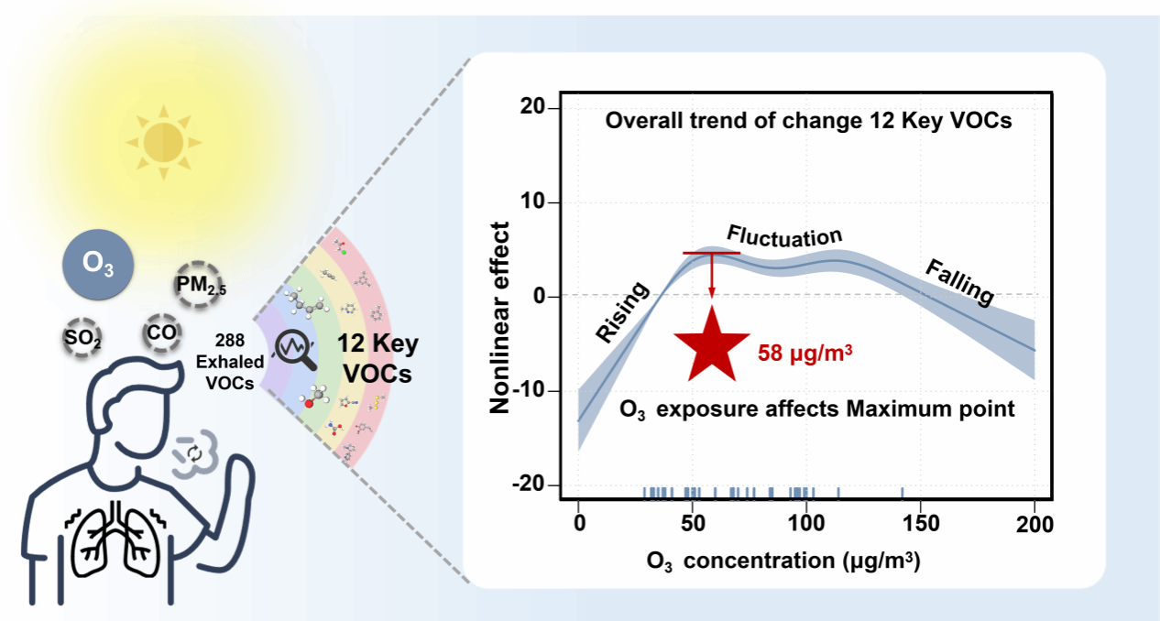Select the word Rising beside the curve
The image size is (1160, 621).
tap(623, 312)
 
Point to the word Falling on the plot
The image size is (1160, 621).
tap(958, 282)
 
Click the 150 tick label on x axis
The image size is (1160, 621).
tap(921, 523)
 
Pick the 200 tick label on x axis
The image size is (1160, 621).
tap(1034, 523)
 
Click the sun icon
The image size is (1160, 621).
tap(161, 140)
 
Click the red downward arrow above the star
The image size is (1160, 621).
tap(711, 274)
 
